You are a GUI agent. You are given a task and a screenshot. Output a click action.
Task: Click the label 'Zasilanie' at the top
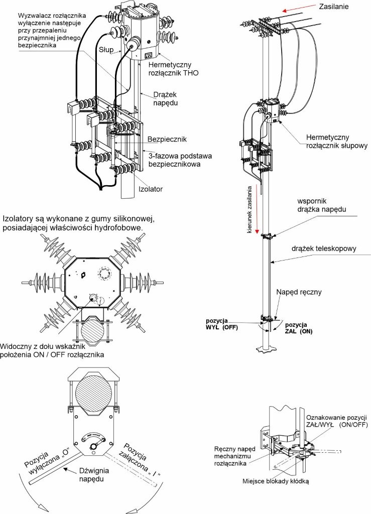pyautogui.click(x=334, y=6)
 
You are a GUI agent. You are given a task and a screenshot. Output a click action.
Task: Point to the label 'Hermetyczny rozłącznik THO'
pyautogui.click(x=173, y=69)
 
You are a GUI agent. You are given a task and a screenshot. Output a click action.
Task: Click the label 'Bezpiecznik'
pyautogui.click(x=167, y=140)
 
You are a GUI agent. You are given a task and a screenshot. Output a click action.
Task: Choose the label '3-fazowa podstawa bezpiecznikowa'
pyautogui.click(x=180, y=160)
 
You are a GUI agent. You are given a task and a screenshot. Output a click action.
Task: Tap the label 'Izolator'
pyautogui.click(x=151, y=189)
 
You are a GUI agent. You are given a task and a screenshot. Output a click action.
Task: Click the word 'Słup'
pyautogui.click(x=106, y=50)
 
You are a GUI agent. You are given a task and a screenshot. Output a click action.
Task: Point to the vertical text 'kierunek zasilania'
pyautogui.click(x=250, y=210)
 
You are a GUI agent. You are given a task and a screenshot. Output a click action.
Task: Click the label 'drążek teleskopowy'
pyautogui.click(x=324, y=248)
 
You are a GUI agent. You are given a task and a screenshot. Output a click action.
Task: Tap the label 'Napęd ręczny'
pyautogui.click(x=299, y=292)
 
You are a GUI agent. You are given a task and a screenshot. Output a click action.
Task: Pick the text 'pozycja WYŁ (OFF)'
pyautogui.click(x=222, y=324)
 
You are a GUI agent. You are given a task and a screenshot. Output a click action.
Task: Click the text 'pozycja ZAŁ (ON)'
pyautogui.click(x=299, y=328)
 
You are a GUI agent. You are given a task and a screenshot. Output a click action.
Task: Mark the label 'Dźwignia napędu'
pyautogui.click(x=94, y=475)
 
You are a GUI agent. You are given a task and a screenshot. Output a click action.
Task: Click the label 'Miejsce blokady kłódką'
pyautogui.click(x=276, y=481)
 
